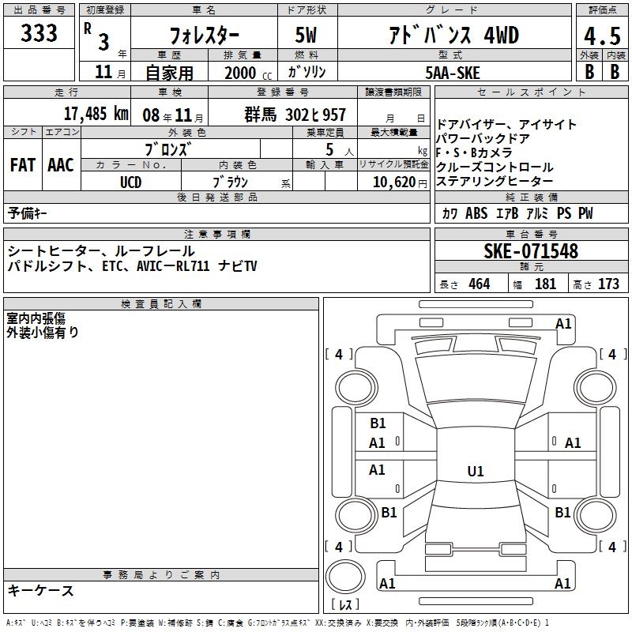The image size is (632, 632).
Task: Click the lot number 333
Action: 39,32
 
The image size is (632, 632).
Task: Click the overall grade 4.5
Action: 602,36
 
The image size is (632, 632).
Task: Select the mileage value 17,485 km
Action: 96,114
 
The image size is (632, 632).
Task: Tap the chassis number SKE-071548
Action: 531,251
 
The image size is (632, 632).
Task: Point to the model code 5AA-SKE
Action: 453,73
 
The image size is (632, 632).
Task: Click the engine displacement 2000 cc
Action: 248,73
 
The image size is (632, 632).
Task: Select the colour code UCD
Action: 131,182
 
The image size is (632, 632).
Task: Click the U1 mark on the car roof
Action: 476,471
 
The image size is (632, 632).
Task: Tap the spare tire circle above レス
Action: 345,577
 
